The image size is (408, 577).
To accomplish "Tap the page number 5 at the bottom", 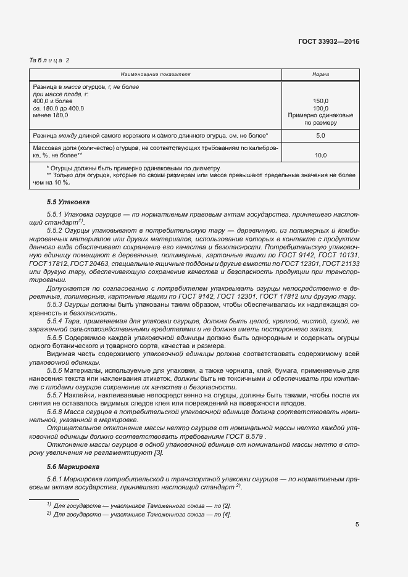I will pyautogui.click(x=357, y=525).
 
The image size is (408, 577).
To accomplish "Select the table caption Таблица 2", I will pyautogui.click(x=49, y=60).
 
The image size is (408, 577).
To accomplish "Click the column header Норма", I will pyautogui.click(x=320, y=74).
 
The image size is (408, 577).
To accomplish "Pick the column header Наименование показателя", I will pyautogui.click(x=156, y=74).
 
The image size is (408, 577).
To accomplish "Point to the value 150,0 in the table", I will pyautogui.click(x=320, y=101).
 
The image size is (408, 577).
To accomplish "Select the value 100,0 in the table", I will pyautogui.click(x=320, y=108).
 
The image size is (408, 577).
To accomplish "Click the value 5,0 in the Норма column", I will pyautogui.click(x=320, y=135).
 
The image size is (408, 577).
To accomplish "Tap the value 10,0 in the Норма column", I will pyautogui.click(x=320, y=156).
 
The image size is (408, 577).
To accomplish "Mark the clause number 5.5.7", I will pyautogui.click(x=56, y=394).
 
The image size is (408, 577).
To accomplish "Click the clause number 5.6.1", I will pyautogui.click(x=56, y=479).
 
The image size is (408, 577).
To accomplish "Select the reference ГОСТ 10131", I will pyautogui.click(x=338, y=254).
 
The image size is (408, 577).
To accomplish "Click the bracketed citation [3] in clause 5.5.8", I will pyautogui.click(x=159, y=453).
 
